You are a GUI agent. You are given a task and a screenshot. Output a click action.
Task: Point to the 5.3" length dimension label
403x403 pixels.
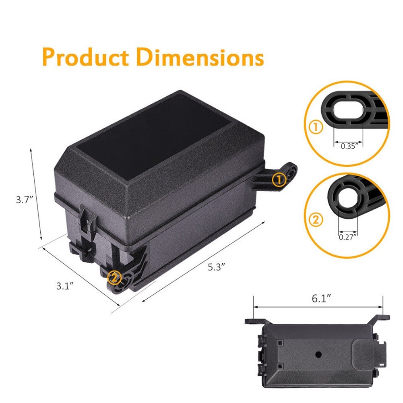[216, 266]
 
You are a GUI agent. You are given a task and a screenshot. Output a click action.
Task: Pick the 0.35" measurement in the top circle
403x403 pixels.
[349, 147]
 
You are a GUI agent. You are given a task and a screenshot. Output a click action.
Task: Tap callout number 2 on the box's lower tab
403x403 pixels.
[114, 277]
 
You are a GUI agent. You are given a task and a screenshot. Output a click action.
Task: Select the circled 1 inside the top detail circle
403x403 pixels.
[316, 128]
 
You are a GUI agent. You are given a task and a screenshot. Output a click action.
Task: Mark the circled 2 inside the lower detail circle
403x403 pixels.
[316, 219]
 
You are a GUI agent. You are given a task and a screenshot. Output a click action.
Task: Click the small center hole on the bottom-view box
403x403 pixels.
[318, 355]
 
